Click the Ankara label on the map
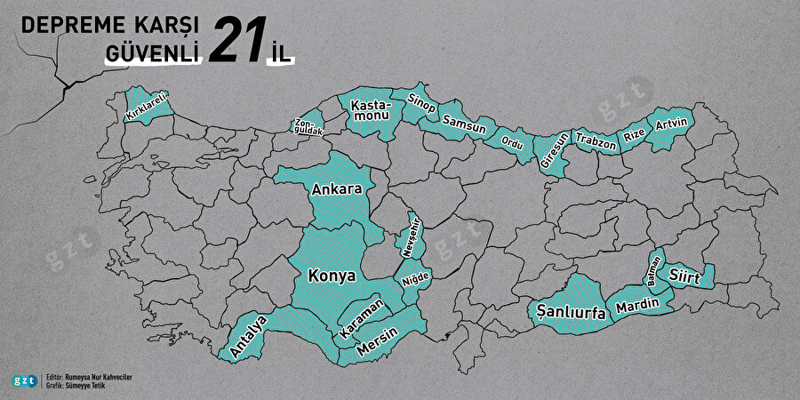pos(336,190)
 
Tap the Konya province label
pos(331,276)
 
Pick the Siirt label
pos(685,277)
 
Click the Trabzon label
pos(595,140)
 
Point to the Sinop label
pos(421,103)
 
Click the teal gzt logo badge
pos(25,380)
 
